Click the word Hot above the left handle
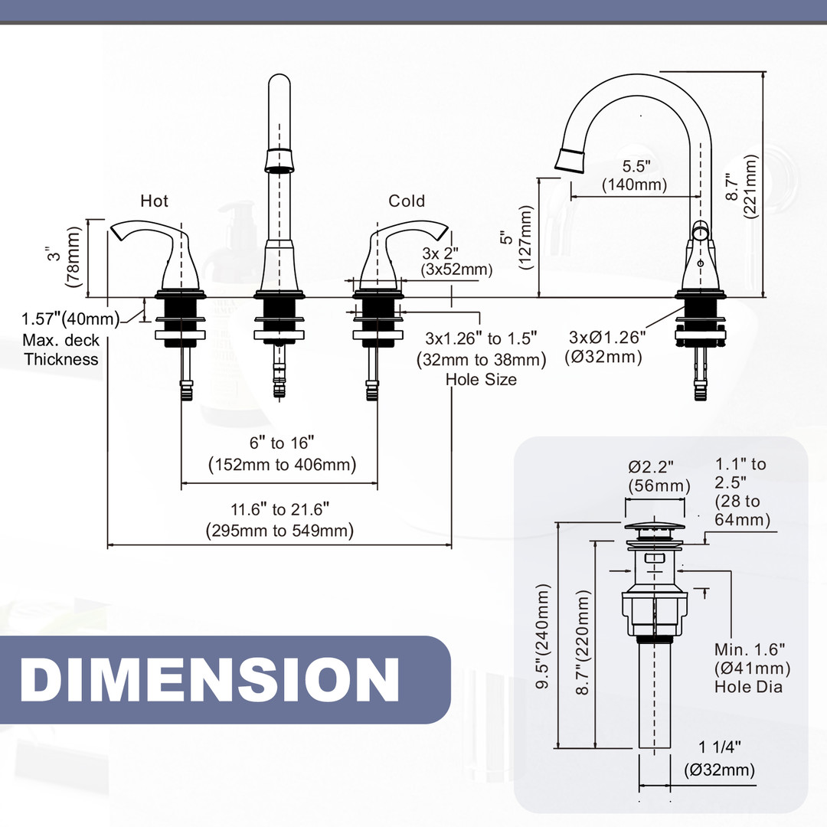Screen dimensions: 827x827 [154, 201]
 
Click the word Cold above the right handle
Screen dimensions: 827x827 [407, 201]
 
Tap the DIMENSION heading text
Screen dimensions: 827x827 [210, 679]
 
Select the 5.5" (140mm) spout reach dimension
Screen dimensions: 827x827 [634, 175]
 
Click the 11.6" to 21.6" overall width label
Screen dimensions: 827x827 [279, 519]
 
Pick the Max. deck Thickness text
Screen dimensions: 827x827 [61, 350]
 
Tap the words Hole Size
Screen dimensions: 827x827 [480, 378]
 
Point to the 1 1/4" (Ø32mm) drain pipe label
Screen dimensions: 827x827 [719, 759]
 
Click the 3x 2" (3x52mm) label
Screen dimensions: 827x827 [456, 261]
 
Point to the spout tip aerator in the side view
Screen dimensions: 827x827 [570, 159]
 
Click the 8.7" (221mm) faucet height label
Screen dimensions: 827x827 [743, 186]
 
